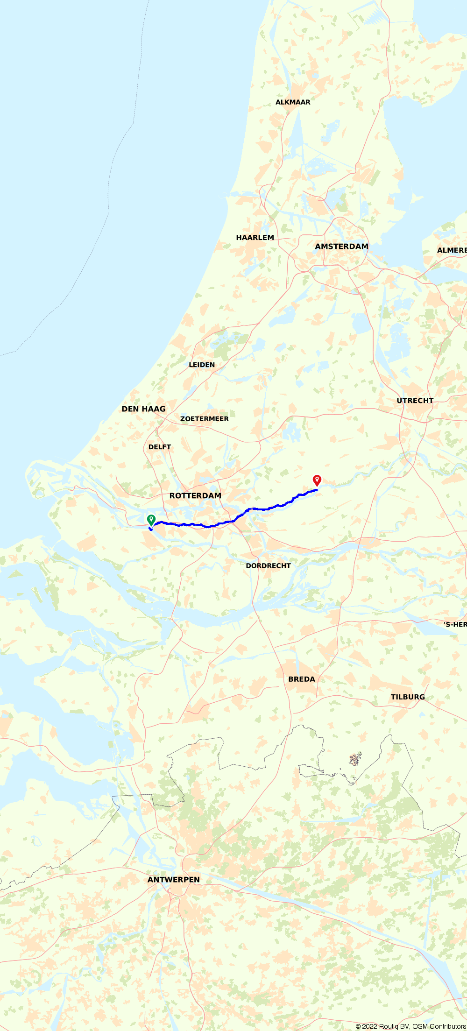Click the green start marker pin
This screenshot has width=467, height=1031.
point(151,520)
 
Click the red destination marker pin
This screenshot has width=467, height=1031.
point(317,480)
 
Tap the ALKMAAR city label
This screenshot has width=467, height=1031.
point(293,102)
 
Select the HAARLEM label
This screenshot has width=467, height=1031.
point(255,238)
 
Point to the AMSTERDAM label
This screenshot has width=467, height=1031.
point(341,247)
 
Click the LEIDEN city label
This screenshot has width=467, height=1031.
point(202,365)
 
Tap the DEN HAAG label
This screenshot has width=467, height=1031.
point(143,409)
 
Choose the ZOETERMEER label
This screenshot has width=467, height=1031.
point(205,419)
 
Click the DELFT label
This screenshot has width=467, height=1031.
point(160,447)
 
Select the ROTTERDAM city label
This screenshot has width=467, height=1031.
point(195,496)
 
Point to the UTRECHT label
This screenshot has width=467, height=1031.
point(415,401)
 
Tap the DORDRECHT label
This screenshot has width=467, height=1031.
point(268,565)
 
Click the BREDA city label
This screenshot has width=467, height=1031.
point(302,679)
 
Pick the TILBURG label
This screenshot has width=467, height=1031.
point(408,697)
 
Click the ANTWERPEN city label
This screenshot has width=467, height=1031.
point(174,880)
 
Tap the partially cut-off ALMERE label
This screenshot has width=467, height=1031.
point(452,250)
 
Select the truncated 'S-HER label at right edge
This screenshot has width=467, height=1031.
point(455,624)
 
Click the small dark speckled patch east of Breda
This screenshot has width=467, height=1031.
point(355,759)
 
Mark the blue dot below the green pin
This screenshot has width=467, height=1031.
point(151,530)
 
